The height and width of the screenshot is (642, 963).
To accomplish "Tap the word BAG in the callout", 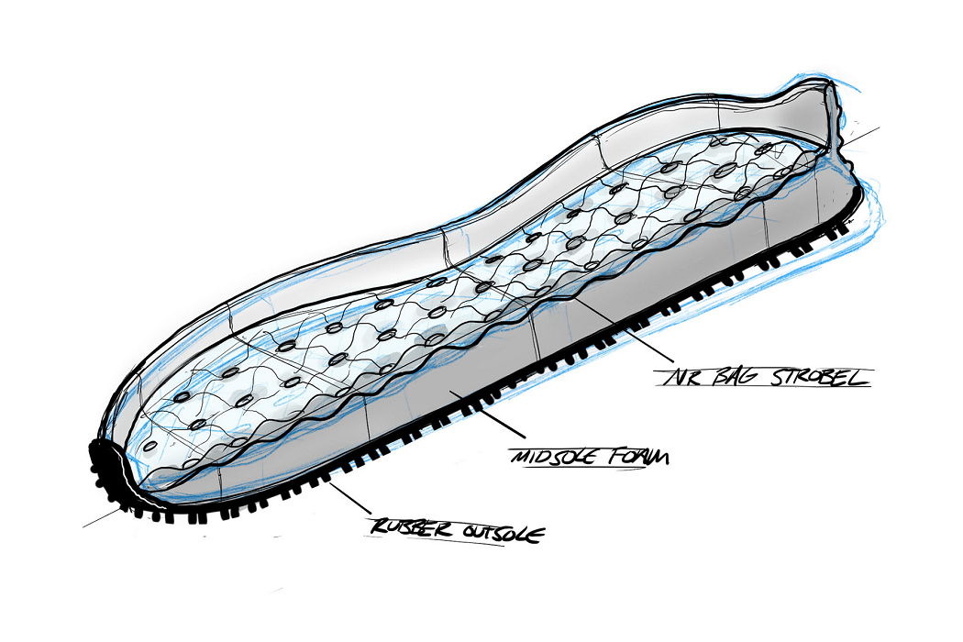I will tap(734, 377).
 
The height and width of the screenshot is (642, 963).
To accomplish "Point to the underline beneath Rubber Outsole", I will tap(459, 543).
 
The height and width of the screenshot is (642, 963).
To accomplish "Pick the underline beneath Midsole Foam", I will tap(587, 467).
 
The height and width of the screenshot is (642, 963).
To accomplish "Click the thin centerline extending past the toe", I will tap(92, 524).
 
